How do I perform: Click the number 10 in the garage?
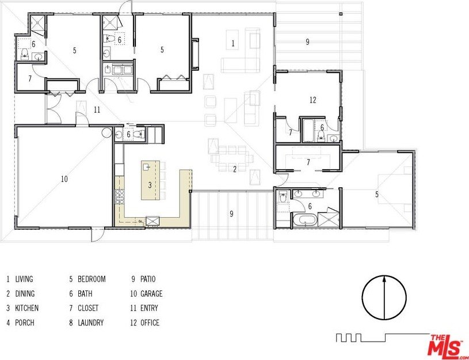click(64, 179)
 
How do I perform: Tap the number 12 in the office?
click(313, 100)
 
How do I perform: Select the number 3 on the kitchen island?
click(150, 185)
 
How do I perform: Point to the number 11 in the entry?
click(97, 110)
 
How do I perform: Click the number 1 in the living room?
click(233, 43)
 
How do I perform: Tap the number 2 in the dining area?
click(235, 169)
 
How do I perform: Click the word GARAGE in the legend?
click(151, 294)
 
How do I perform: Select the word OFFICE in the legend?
click(150, 323)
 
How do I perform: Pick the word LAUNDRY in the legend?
click(90, 323)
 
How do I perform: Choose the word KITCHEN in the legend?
click(27, 308)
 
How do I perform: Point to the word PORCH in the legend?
click(25, 323)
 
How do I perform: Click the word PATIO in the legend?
click(148, 279)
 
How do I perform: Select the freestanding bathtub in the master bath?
click(305, 219)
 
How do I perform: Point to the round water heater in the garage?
click(106, 132)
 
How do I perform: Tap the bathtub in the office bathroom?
click(308, 131)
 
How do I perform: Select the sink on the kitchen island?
click(147, 166)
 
